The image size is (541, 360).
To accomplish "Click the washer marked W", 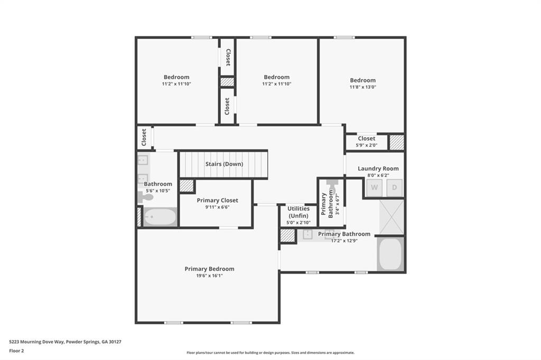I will [x=374, y=188].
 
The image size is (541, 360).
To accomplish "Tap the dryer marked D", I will [x=394, y=188].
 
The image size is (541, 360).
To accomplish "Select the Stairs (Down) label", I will [x=224, y=164].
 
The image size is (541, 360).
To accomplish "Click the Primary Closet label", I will [x=217, y=200].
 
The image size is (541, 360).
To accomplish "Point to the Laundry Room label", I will [x=378, y=168].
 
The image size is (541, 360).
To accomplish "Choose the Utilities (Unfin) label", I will [x=299, y=212].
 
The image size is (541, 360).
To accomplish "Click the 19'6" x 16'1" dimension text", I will [x=209, y=276].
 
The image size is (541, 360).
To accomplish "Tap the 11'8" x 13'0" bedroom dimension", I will [x=362, y=87].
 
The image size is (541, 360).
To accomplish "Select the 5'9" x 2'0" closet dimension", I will [x=366, y=145].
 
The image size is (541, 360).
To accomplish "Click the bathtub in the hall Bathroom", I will [x=160, y=217].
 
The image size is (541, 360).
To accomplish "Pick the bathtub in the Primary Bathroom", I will [x=390, y=254].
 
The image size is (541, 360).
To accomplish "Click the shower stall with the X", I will [x=391, y=216].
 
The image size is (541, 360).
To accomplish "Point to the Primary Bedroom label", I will [x=209, y=269].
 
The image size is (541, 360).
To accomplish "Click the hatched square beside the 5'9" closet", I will [x=397, y=142].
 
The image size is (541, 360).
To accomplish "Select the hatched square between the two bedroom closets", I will [x=227, y=82].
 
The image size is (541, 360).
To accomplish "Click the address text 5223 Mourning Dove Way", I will [x=65, y=342].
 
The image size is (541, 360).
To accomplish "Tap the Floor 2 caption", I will [x=16, y=350].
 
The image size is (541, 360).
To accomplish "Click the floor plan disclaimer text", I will [x=270, y=353].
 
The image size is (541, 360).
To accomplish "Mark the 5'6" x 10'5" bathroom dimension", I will [x=157, y=191].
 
